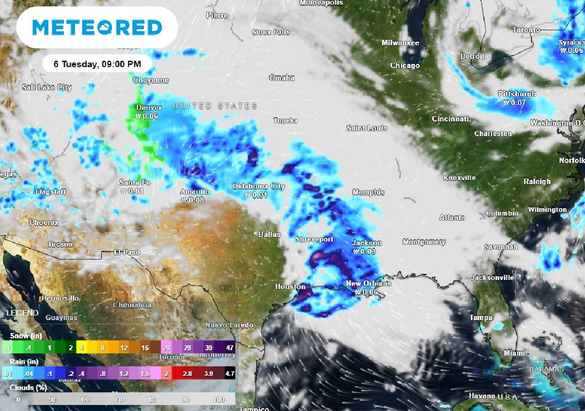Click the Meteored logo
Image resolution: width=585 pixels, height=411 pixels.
[97, 27]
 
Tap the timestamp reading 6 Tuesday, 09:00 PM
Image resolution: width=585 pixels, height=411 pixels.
[97, 64]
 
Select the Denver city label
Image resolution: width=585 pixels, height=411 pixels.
[149, 108]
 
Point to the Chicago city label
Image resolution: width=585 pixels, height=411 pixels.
[404, 66]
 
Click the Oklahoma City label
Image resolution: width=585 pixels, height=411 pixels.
[258, 186]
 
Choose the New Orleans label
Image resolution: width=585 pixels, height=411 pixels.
[368, 284]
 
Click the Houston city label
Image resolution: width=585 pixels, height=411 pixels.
[290, 287]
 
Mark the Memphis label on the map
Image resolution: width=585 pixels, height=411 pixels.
[368, 192]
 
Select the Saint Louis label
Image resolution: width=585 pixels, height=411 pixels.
[367, 128]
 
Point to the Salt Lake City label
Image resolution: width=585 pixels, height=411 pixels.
[47, 87]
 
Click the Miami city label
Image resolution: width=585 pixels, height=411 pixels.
[514, 353]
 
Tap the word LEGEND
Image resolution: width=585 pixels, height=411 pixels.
[22, 313]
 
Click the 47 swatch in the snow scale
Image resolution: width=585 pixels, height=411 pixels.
[230, 348]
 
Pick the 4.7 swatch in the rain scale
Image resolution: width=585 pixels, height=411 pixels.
[230, 373]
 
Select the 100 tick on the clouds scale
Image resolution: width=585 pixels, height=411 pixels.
[219, 400]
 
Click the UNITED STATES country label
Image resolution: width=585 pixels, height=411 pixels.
[215, 106]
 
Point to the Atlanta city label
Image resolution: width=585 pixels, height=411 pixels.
[452, 218]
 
